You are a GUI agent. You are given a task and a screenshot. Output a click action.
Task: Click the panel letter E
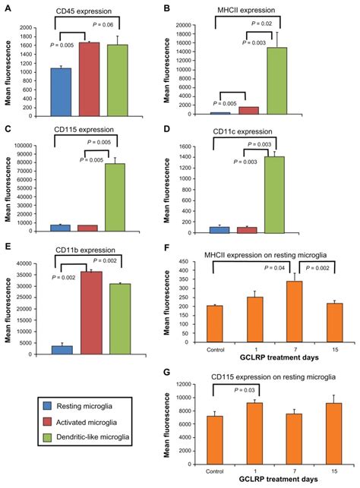coord(8,247)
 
